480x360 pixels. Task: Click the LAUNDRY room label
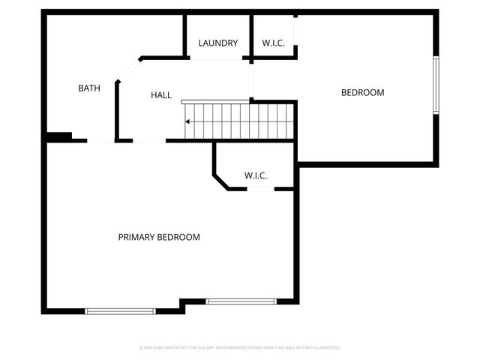tap(218, 43)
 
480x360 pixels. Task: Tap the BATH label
tap(89, 88)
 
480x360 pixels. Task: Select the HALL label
tap(161, 95)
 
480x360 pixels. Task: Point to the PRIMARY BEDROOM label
tap(159, 237)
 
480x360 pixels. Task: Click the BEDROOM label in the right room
tap(362, 93)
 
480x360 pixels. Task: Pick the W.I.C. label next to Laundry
tap(273, 43)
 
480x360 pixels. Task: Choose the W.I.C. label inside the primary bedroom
tap(256, 175)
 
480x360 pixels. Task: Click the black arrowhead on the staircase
tap(188, 121)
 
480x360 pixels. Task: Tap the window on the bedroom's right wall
tap(436, 85)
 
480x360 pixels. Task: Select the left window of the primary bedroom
tap(120, 310)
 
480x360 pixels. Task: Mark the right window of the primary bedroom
tap(241, 301)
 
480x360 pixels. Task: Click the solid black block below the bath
tap(58, 136)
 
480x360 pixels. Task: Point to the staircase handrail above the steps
tap(215, 101)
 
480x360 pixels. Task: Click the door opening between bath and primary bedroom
tap(100, 141)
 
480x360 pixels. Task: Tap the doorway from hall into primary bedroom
tap(149, 141)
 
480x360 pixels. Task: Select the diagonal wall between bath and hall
tap(128, 70)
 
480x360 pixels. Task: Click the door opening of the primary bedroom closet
tap(260, 188)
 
